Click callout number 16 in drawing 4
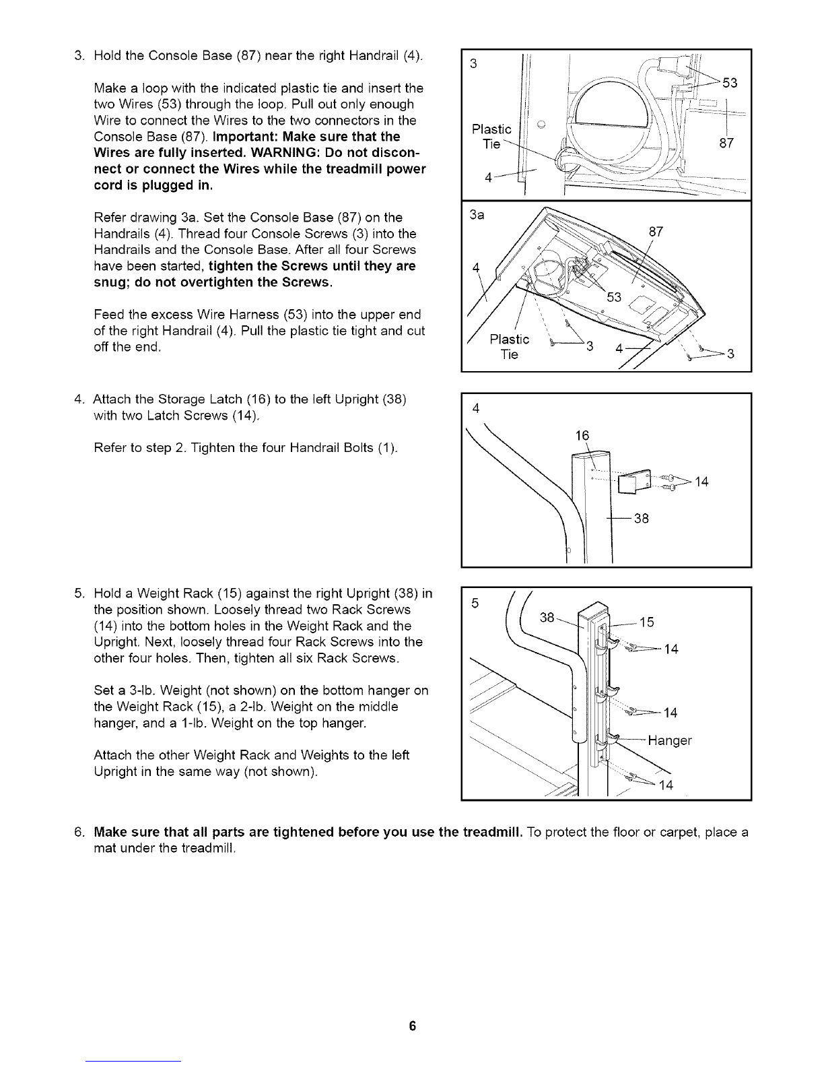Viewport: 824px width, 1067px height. (582, 436)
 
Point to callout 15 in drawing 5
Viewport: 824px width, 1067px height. (646, 621)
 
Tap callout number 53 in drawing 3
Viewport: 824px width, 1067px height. (730, 83)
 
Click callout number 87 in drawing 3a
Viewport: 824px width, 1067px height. (656, 232)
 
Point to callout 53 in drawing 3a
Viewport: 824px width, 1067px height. (614, 297)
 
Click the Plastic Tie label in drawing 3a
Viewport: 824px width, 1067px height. (510, 346)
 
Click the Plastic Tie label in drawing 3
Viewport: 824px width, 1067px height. (492, 137)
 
